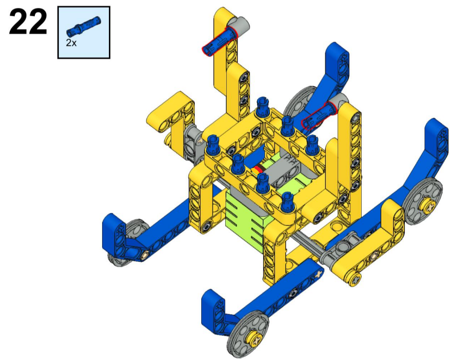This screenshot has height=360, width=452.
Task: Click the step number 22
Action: tap(28, 22)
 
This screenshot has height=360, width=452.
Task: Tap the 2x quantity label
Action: tap(71, 43)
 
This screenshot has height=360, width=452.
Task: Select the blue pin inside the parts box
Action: tap(84, 25)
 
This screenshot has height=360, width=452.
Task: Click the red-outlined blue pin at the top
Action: tap(220, 40)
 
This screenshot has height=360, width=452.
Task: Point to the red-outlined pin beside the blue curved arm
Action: tap(319, 117)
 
